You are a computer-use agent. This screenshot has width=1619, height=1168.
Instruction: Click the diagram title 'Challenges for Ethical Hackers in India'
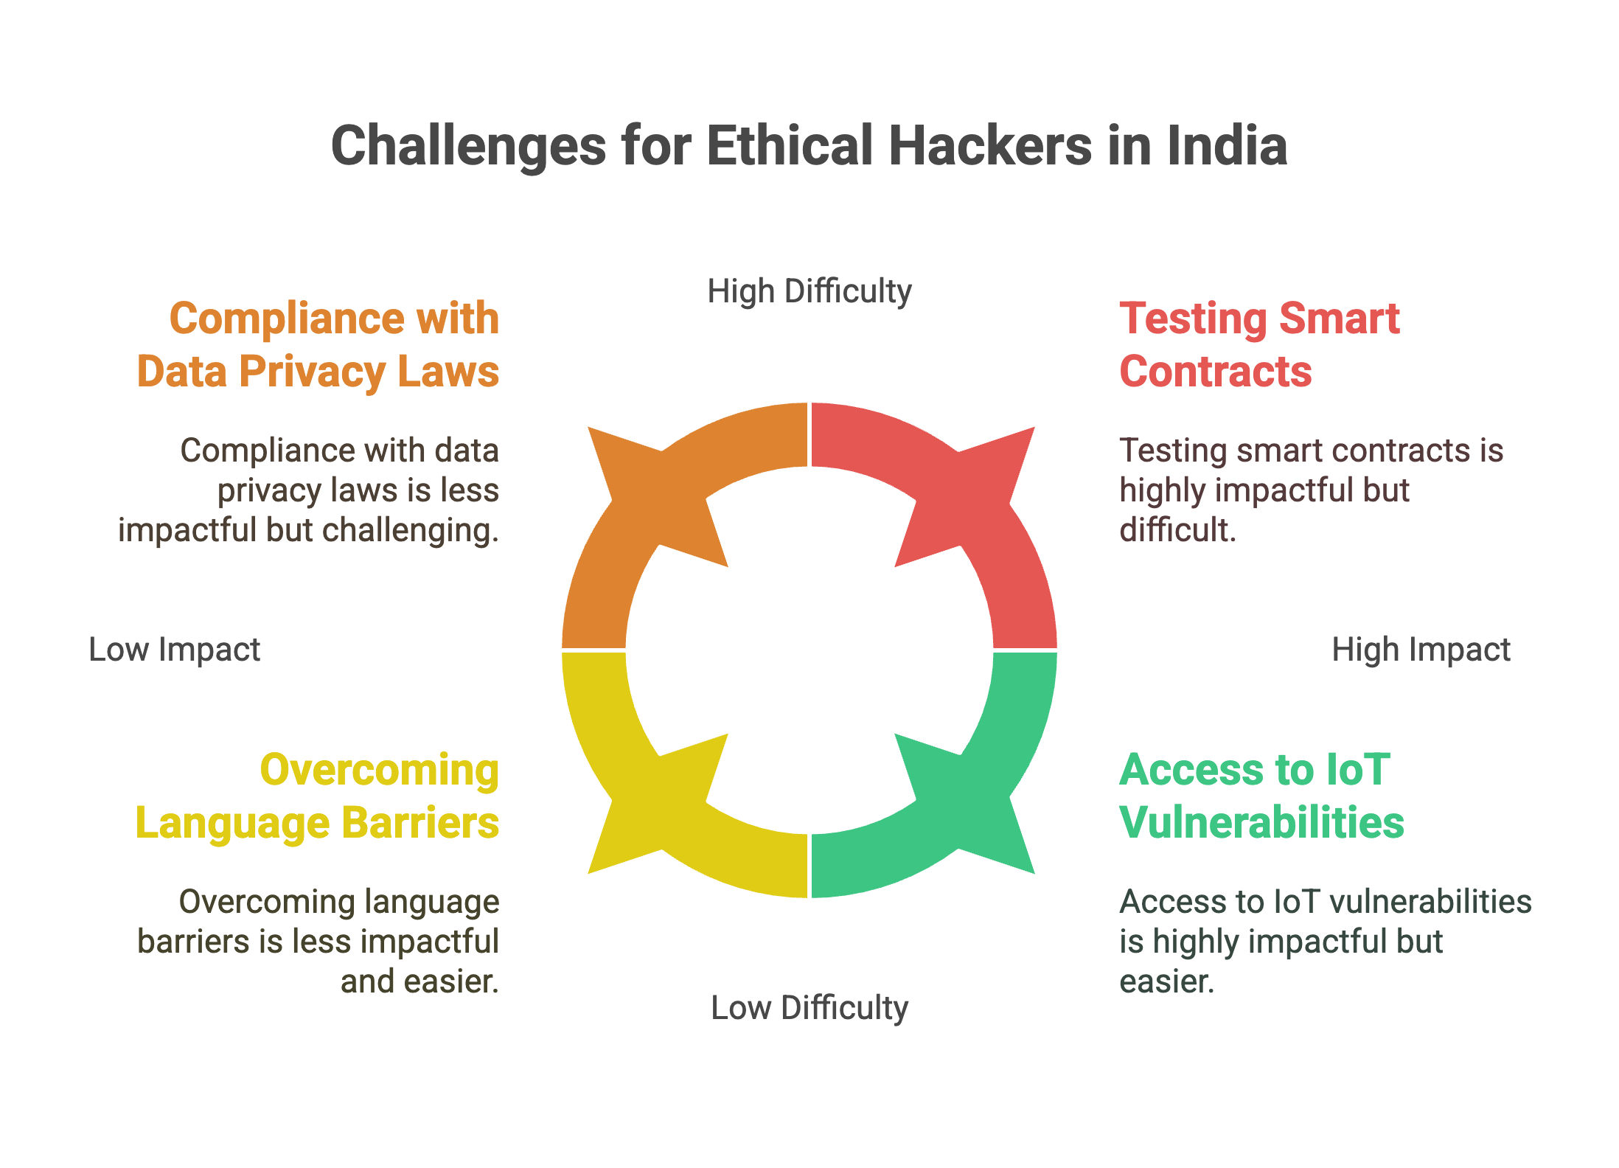pos(809,145)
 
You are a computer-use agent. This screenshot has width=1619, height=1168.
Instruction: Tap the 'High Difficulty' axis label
pos(809,291)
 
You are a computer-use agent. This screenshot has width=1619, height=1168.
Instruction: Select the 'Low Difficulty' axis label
pos(809,1007)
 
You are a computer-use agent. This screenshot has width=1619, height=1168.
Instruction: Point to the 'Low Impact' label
pos(174,650)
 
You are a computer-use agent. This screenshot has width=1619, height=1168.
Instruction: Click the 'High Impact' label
pos(1421,650)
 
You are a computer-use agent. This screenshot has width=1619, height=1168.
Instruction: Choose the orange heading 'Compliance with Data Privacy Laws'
pos(318,344)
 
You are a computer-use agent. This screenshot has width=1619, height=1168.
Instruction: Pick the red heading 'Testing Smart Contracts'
pos(1259,344)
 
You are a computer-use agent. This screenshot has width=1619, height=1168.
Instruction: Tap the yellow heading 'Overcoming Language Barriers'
pos(318,796)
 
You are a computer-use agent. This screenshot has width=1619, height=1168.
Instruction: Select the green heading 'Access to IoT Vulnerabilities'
pos(1261,796)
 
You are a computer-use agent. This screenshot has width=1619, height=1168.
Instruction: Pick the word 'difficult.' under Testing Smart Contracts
pos(1177,529)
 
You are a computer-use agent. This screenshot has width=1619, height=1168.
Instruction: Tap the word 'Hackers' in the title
pos(990,145)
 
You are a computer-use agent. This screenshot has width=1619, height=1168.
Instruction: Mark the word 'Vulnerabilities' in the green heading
pos(1261,823)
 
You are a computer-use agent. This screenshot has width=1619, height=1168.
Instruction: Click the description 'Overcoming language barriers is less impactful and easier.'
pos(318,942)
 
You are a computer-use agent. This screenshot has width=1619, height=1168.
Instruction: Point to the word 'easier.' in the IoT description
pos(1166,981)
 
